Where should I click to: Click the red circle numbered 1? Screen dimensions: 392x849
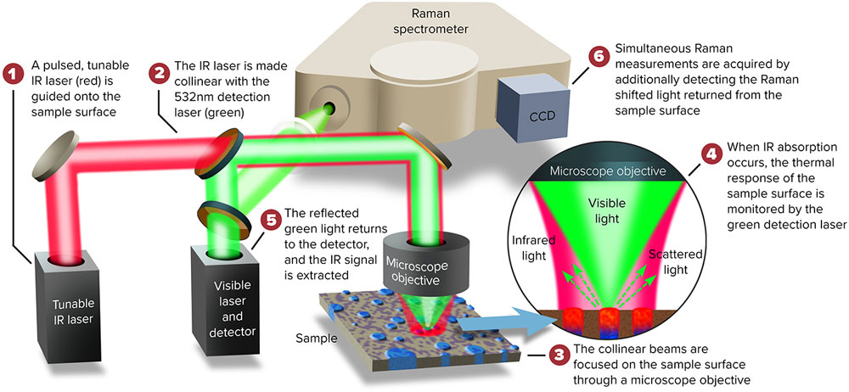click(14, 74)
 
